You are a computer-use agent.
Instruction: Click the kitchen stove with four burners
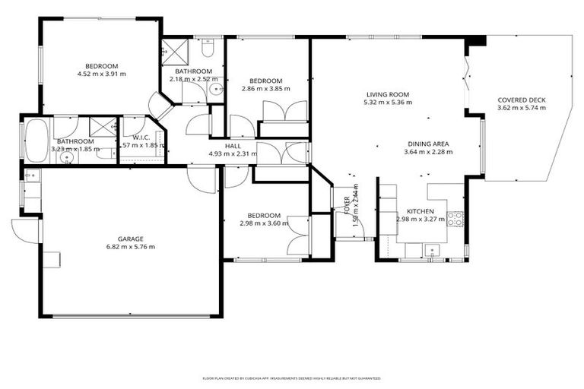coord(455,219)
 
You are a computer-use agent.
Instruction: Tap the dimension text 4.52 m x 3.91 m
coord(101,74)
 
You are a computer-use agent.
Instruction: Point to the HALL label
coord(233,145)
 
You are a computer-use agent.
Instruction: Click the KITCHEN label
coord(420,210)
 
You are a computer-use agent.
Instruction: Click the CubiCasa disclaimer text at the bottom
coord(291,378)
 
